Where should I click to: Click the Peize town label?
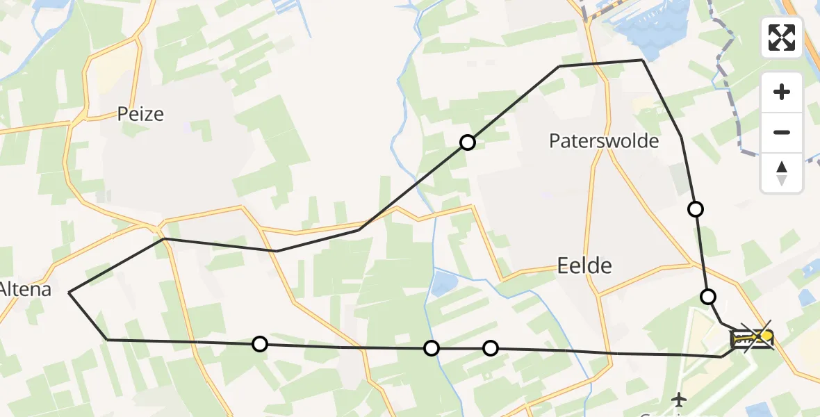(x=140, y=114)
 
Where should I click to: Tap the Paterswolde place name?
(x=604, y=141)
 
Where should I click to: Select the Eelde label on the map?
(x=584, y=265)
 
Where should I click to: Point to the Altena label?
(x=26, y=288)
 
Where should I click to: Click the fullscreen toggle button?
(x=782, y=38)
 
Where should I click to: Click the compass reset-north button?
(x=782, y=173)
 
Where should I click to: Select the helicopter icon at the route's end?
(x=752, y=338)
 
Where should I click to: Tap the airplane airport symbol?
(x=679, y=400)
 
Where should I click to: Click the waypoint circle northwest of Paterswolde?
(x=468, y=142)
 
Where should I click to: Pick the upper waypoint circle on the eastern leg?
(x=695, y=208)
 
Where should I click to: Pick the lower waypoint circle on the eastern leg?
(x=707, y=297)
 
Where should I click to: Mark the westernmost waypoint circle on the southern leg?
(x=259, y=343)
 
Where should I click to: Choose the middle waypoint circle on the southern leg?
(x=432, y=347)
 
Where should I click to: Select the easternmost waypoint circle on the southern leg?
(x=491, y=347)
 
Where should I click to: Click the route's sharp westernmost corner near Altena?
(x=69, y=293)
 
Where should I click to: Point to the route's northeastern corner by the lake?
(x=642, y=60)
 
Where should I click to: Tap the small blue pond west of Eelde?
(x=445, y=282)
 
